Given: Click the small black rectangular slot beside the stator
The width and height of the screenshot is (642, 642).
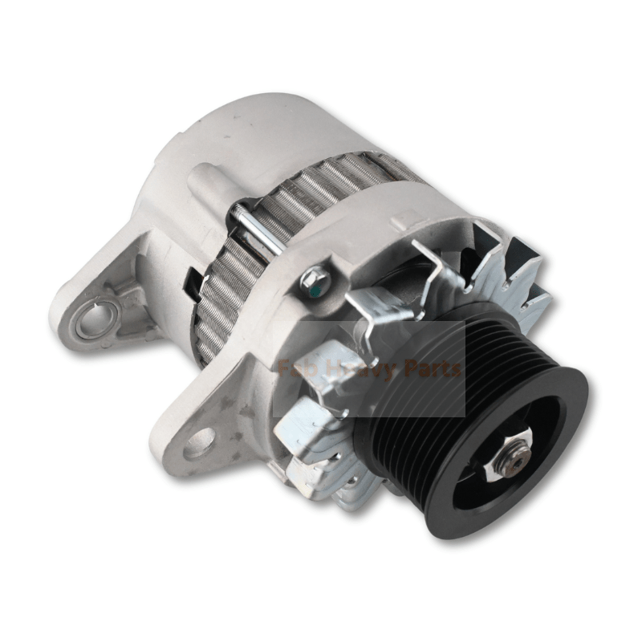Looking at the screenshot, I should click(193, 281).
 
